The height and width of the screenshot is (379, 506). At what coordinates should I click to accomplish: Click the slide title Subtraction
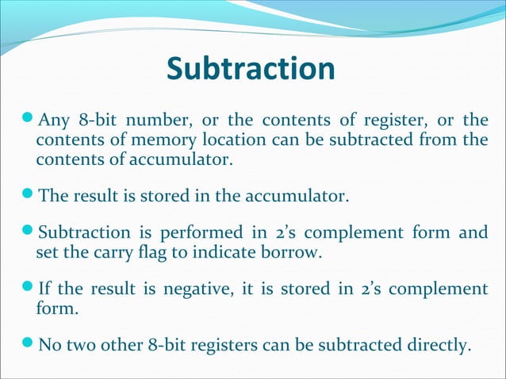pos(251,71)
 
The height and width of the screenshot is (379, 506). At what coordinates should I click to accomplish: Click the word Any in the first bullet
pos(55,121)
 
